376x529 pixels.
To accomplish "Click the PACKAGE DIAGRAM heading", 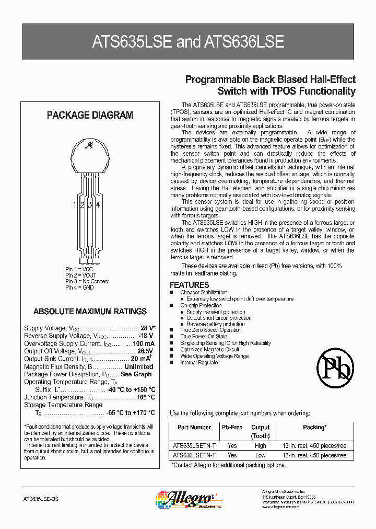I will click(90, 116).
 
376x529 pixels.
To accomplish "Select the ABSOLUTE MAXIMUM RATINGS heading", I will click(90, 312).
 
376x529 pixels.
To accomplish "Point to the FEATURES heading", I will click(189, 285).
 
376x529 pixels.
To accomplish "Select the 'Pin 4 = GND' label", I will click(80, 287).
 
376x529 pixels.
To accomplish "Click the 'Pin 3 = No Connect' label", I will click(87, 281).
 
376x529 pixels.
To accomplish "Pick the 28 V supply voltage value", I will click(148, 328).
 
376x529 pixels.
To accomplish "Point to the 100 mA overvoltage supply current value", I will click(143, 343).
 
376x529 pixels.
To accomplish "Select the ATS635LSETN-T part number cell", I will click(194, 446).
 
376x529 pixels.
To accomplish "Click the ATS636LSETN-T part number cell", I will click(194, 455).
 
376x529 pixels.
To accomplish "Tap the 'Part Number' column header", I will click(194, 427).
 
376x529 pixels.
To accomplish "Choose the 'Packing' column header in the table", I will click(314, 427).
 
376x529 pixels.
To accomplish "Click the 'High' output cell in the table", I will click(260, 446).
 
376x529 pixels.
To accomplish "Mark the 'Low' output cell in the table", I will click(260, 455).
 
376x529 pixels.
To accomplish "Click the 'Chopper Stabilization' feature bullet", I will click(204, 293).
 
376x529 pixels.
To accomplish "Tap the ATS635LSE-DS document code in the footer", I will click(41, 500).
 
